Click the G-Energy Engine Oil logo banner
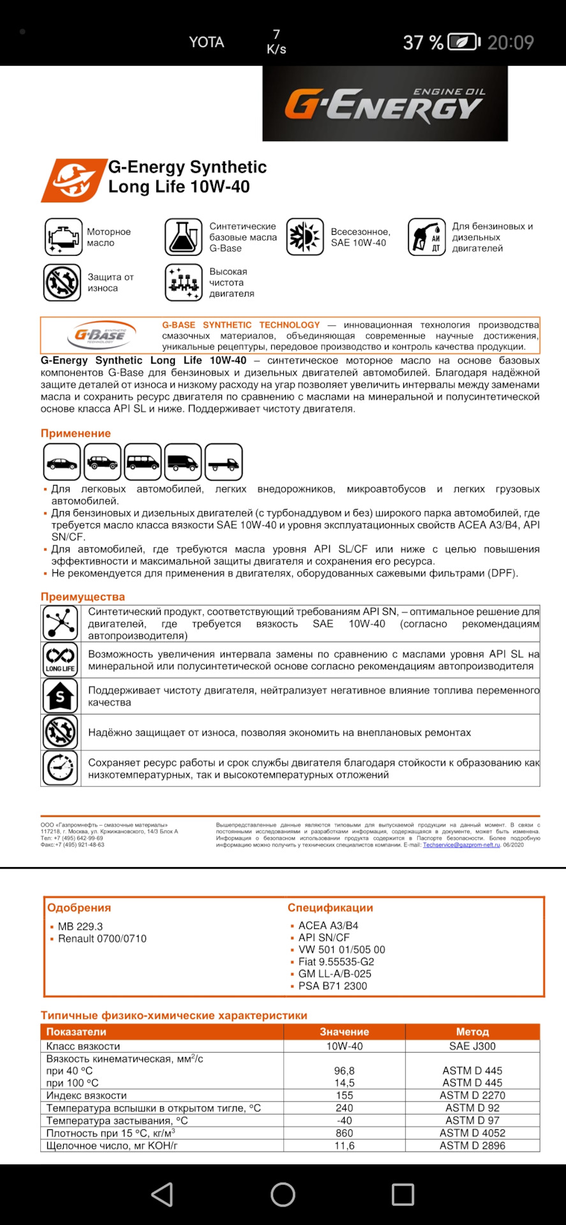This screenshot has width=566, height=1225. point(385,103)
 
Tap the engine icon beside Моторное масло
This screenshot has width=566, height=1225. point(63,237)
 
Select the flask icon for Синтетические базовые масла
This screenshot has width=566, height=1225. point(183,237)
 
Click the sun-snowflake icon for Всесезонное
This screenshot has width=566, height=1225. point(305,237)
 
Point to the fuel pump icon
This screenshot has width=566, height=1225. point(426,237)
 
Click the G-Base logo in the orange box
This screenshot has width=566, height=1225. point(100,335)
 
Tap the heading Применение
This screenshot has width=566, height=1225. point(76,433)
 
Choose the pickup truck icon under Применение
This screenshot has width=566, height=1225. point(223,462)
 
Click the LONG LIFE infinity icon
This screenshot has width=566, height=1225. point(60,659)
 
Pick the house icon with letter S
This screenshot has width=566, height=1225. point(60,695)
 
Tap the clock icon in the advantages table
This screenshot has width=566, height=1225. point(60,768)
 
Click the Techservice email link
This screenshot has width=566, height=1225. point(461,845)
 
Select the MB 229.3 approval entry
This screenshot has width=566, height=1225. point(80,926)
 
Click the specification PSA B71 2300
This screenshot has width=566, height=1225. point(332,986)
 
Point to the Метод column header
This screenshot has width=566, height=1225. point(472,1032)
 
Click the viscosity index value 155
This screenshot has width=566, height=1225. point(345,1095)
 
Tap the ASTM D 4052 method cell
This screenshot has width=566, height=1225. point(472,1133)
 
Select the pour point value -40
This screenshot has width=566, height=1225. point(345,1120)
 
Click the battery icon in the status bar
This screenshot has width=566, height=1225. point(464,42)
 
